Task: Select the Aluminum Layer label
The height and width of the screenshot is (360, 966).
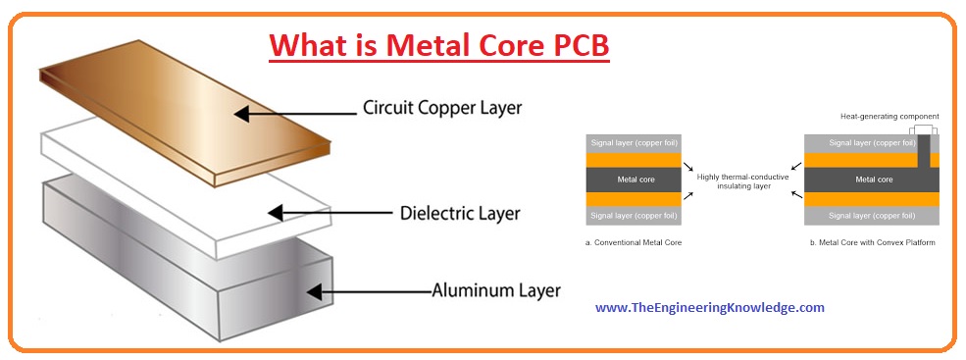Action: click(496, 290)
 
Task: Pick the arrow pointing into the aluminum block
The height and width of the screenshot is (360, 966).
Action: click(367, 290)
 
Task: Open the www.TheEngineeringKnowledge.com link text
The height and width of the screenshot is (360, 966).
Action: click(709, 307)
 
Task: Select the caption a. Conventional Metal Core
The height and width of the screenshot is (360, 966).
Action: click(633, 241)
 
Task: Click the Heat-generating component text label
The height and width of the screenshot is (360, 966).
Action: click(882, 117)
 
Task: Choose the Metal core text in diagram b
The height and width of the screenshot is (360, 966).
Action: click(874, 180)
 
